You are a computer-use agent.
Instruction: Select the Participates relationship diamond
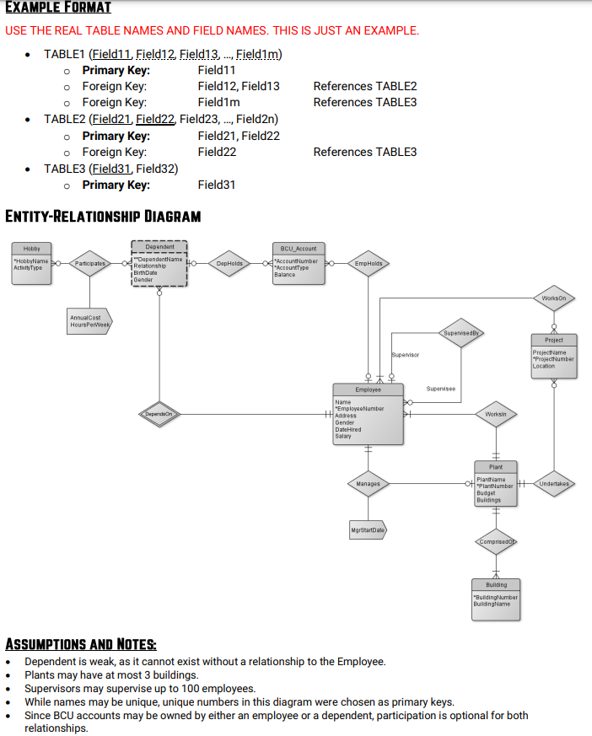point(89,264)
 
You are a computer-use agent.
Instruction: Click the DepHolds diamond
point(229,264)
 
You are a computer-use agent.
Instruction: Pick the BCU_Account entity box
point(299,263)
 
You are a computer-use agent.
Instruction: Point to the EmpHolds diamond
point(369,264)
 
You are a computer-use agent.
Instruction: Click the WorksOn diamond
point(554,298)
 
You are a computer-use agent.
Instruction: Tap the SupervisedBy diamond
point(461,333)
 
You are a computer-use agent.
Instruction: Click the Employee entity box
point(369,414)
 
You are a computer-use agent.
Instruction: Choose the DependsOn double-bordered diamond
point(159,414)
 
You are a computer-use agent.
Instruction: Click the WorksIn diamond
point(496,414)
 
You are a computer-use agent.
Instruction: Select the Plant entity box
point(496,484)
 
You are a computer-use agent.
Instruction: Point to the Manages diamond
point(369,484)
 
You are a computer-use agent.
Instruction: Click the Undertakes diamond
point(554,484)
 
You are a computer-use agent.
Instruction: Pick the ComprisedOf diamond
point(496,541)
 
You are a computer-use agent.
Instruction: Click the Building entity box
point(496,598)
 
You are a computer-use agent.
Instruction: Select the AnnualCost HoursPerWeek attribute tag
point(89,321)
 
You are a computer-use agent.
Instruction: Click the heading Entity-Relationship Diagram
point(103,216)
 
